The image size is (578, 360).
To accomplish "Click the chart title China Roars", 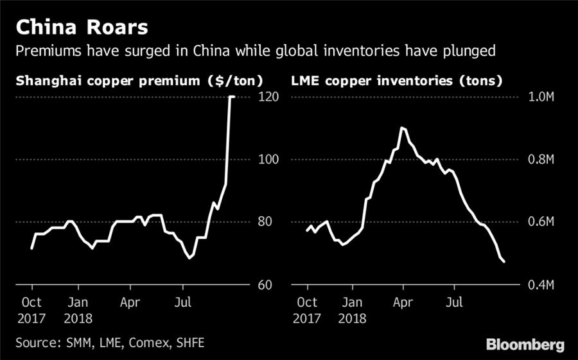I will [x=82, y=28].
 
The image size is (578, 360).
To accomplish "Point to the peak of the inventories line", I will [x=402, y=128].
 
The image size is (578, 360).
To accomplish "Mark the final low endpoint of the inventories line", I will [x=504, y=261].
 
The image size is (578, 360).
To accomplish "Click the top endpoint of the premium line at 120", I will [x=232, y=97].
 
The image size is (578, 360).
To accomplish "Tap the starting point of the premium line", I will [x=31, y=248].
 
